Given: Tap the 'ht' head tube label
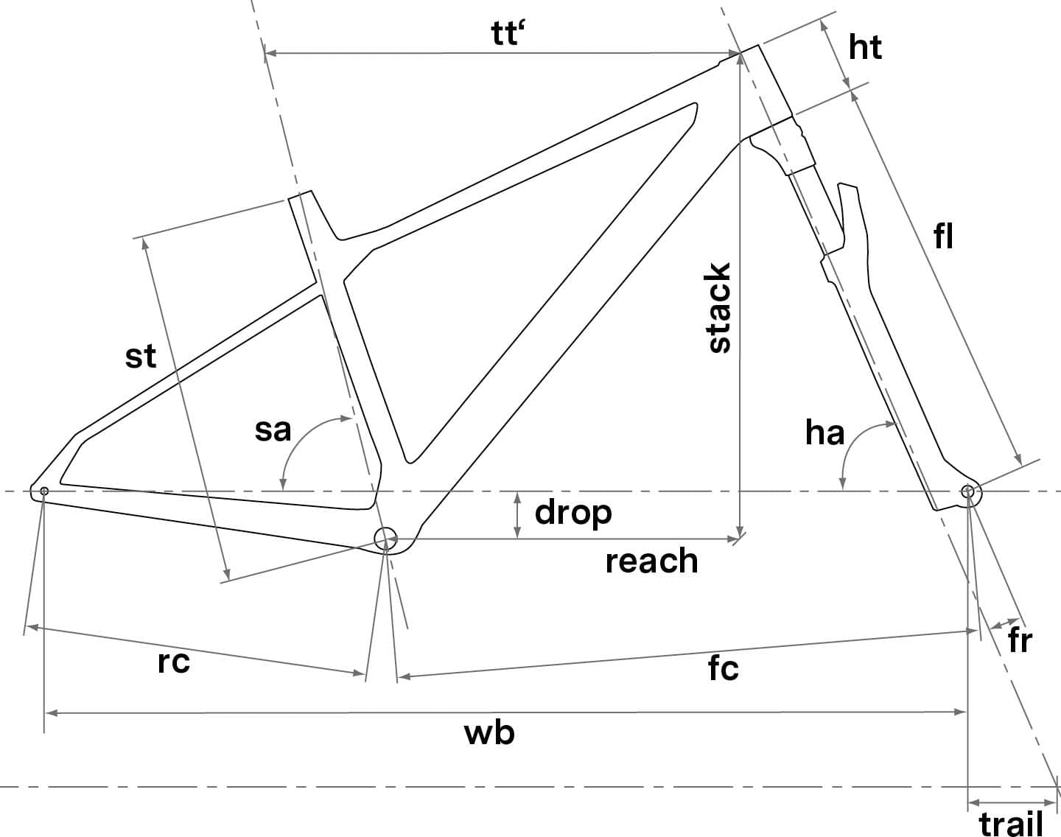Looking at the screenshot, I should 865,48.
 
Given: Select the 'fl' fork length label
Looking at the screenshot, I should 944,237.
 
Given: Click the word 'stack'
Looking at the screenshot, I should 719,307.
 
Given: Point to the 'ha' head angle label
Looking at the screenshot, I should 824,433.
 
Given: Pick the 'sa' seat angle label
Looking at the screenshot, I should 273,430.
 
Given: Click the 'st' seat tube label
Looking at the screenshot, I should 141,357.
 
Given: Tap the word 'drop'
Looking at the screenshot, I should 573,512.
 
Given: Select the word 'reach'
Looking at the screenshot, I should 651,561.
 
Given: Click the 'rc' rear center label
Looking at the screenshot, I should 174,662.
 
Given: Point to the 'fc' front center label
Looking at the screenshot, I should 723,668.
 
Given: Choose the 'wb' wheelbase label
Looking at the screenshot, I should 489,733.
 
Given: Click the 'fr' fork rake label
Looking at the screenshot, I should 1020,641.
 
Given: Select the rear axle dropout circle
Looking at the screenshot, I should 44,491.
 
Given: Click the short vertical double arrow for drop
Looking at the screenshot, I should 518,514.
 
